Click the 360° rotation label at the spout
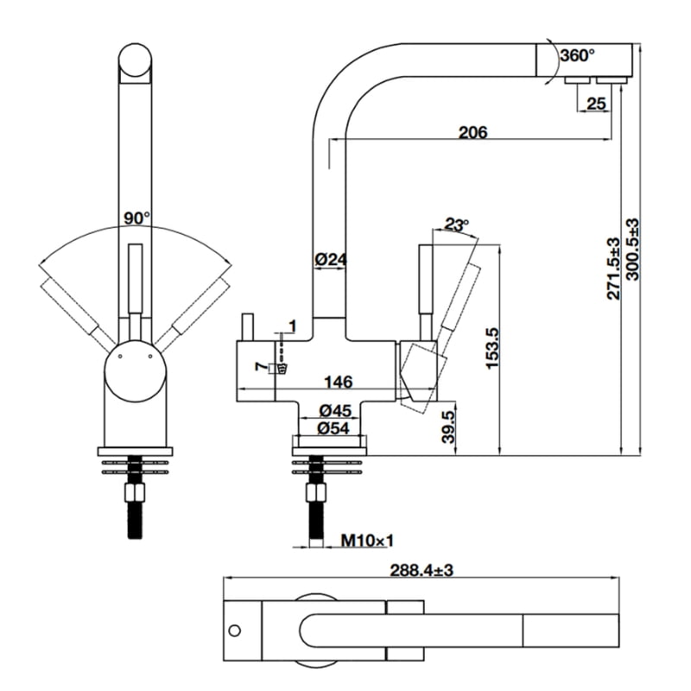577,55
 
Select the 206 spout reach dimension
472,132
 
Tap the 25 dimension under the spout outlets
596,104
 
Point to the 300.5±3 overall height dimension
633,258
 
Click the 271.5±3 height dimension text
613,267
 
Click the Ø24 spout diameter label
330,258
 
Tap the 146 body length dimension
338,382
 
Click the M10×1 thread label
366,542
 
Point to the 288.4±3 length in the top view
421,571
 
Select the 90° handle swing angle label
136,219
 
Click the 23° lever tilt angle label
456,225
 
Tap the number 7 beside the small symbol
260,368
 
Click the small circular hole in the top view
235,629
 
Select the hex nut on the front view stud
136,494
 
